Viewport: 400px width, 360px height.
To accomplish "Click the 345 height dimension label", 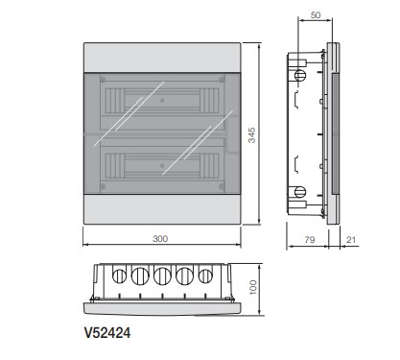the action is (252, 135).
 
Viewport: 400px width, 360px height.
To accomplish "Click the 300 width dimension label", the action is (160, 239).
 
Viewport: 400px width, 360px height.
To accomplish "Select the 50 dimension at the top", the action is (316, 15).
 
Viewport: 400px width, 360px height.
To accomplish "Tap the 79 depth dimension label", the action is (310, 239).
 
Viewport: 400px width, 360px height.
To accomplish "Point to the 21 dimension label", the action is (351, 239).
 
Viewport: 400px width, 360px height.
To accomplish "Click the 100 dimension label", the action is (253, 287).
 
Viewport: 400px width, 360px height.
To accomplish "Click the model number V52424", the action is (107, 333).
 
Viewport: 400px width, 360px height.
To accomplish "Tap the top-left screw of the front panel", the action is (103, 80).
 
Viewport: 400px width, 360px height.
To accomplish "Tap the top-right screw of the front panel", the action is (221, 80).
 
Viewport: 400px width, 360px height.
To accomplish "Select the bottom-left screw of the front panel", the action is (103, 186).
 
